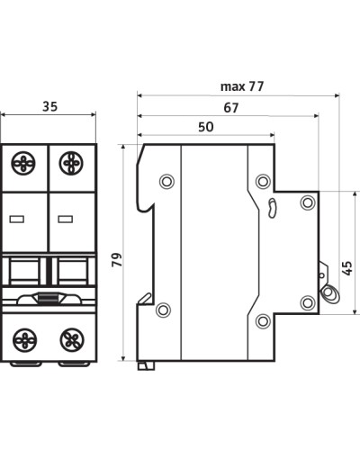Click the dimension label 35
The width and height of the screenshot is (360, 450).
pos(49,106)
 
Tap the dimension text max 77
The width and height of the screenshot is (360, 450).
pos(242,86)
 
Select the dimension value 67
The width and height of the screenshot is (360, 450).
pos(231,108)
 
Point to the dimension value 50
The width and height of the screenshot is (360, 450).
pos(206,127)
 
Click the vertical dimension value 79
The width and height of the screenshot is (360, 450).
pos(117,260)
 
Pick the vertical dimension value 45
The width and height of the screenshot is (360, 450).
pos(346,268)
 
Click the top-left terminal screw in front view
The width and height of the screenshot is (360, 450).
pos(23,164)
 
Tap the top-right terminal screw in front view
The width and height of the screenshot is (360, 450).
pos(71,164)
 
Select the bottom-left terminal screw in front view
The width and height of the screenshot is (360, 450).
pos(25,340)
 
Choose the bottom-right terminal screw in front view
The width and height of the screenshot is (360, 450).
pos(72,340)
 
